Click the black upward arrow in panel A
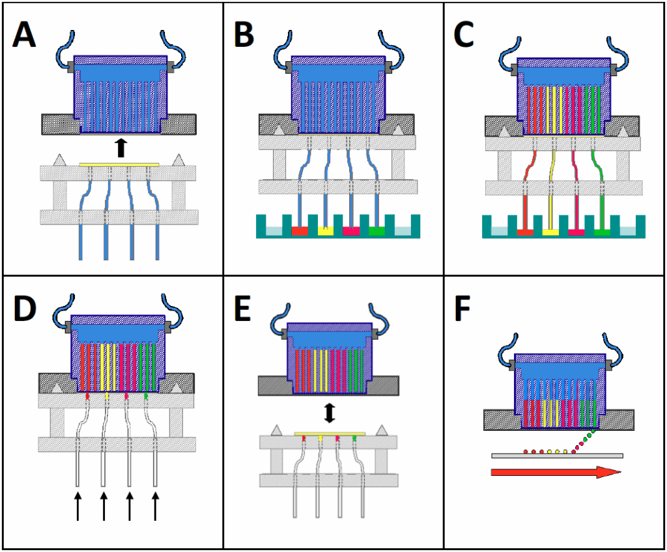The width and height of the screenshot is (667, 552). pyautogui.click(x=120, y=148)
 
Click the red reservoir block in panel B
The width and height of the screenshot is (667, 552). pyautogui.click(x=299, y=231)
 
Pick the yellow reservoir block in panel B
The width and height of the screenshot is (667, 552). pyautogui.click(x=325, y=231)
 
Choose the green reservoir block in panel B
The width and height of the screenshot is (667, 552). pyautogui.click(x=377, y=231)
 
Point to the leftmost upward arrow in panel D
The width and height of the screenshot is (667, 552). pyautogui.click(x=78, y=506)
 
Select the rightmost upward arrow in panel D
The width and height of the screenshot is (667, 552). pyautogui.click(x=155, y=506)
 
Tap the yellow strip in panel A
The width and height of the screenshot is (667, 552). pyautogui.click(x=119, y=165)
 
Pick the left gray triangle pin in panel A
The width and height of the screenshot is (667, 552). pyautogui.click(x=60, y=159)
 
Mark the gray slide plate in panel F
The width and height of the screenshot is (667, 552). pyautogui.click(x=557, y=455)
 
